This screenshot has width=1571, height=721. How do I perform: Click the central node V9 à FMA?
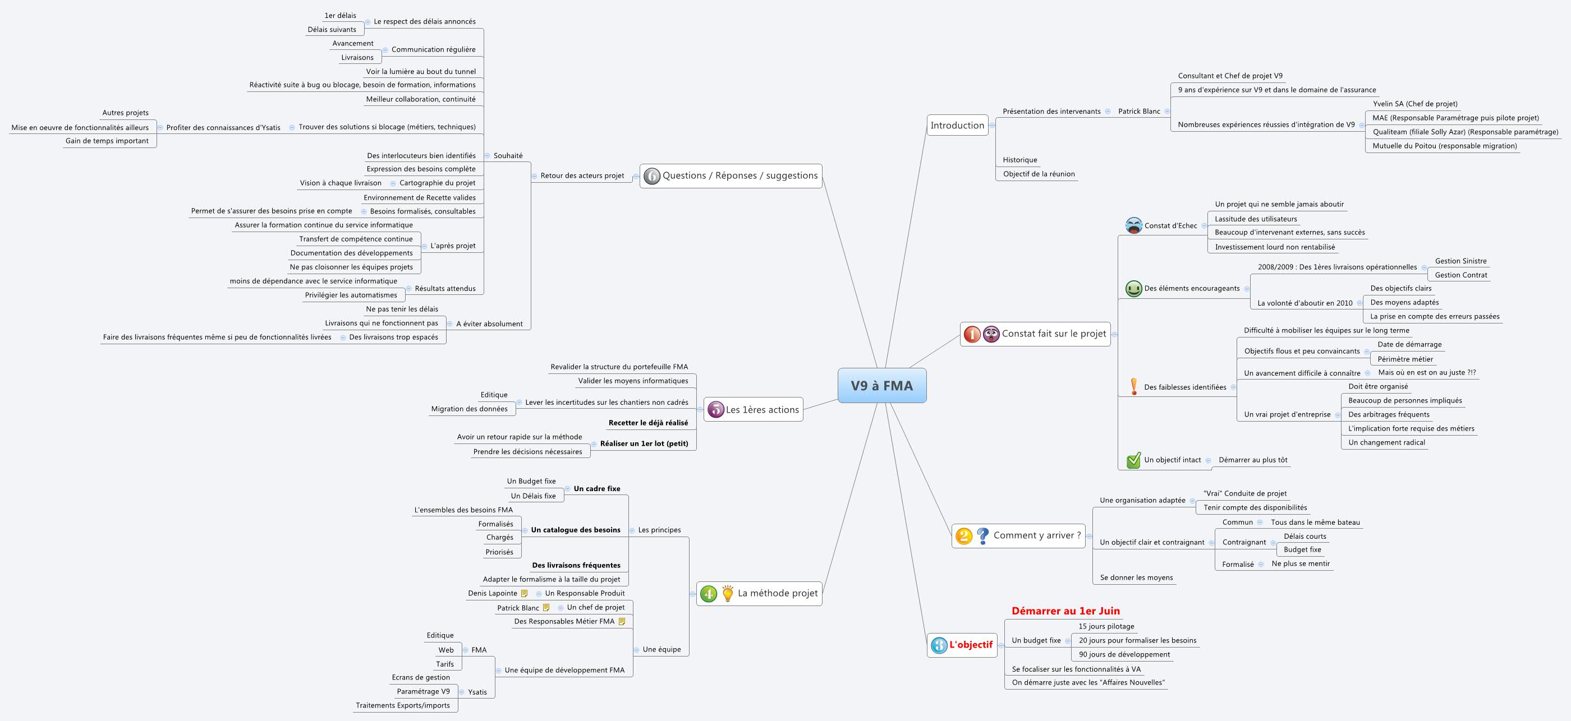coord(881,385)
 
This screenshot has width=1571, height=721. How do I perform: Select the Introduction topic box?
coord(957,126)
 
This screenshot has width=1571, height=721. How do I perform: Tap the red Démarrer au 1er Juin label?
coord(1065,611)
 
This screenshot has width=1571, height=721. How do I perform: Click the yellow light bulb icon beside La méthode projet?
coord(727,593)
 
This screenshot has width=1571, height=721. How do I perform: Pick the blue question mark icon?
coord(982,536)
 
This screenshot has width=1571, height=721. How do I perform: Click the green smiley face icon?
coord(1133,288)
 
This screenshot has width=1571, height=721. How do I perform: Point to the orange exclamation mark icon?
coord(1134,386)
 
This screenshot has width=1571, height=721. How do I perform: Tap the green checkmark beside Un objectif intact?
coord(1133,460)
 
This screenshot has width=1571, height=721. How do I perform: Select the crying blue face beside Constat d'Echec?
coord(1133,225)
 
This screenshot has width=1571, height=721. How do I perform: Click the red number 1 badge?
coord(972,334)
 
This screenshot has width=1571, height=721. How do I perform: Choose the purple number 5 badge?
coord(715,410)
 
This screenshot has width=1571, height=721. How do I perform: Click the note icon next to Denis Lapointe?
coord(524,594)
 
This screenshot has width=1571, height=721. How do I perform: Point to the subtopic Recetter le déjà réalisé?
coord(647,423)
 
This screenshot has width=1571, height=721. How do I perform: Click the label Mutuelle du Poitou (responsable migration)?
coord(1444,146)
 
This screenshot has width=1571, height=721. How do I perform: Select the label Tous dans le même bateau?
coord(1315,523)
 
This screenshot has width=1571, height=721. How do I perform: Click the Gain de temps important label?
coord(107,141)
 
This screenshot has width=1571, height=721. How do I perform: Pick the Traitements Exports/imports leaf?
coord(402,705)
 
